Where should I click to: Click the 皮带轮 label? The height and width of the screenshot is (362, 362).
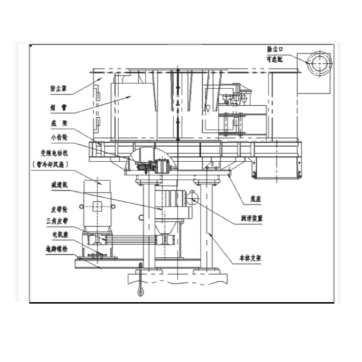pyautogui.click(x=57, y=210)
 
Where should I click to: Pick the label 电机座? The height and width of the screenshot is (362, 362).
pyautogui.click(x=57, y=234)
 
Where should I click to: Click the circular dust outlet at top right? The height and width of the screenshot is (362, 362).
pyautogui.click(x=318, y=62)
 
